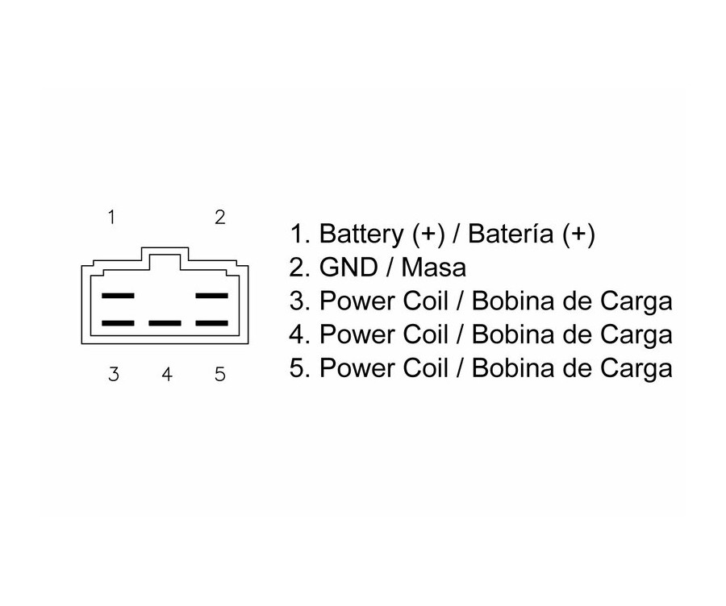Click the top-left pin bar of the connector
point(118,296)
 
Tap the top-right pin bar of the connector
point(212,296)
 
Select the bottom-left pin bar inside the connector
point(118,323)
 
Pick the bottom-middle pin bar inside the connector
point(165,323)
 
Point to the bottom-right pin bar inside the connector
point(212,323)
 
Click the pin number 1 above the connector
point(113,217)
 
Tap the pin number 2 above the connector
point(219,217)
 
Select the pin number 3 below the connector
point(114,375)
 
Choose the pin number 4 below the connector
point(167,375)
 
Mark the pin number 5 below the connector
point(219,375)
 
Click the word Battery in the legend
point(362,235)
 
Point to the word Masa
point(433,268)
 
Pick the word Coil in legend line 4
point(422,334)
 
